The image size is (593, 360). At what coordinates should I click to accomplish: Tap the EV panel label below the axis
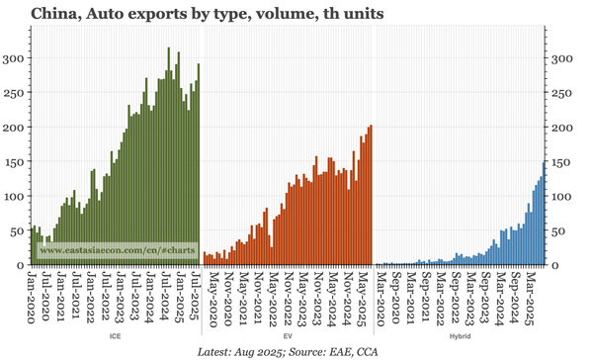(x=287, y=337)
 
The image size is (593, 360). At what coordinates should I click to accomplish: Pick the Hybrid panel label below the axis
(x=460, y=337)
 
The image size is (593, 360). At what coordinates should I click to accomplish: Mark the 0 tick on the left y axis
(x=21, y=265)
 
